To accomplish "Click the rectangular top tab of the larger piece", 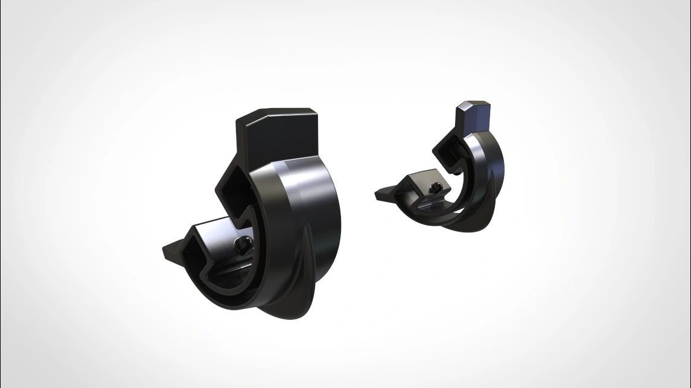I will point(275,136).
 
